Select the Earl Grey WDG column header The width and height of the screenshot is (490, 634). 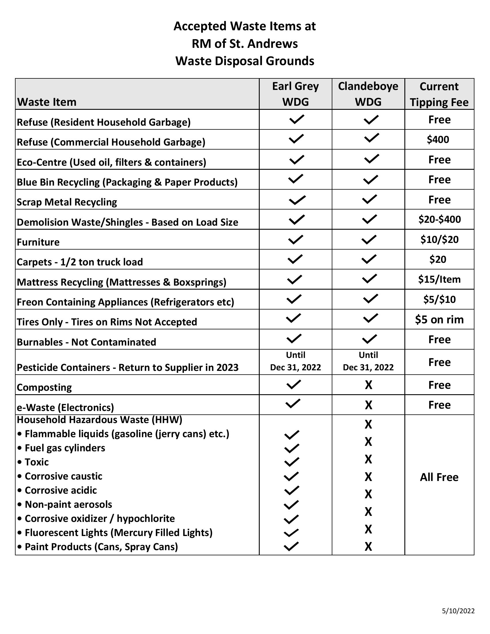295,94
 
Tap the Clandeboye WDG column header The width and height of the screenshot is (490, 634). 368,94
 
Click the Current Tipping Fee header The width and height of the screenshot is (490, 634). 439,94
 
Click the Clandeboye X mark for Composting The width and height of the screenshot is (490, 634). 368,385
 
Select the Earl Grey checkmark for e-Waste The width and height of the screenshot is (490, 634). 293,403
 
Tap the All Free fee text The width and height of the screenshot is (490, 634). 439,477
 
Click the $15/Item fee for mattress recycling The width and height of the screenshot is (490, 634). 439,279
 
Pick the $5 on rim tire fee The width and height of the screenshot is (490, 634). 439,319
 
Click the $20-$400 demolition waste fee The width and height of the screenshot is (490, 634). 439,219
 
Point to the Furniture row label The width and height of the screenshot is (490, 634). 38,242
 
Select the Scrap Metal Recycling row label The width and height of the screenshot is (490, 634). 67,202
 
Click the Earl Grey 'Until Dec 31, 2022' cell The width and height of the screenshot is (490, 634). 295,361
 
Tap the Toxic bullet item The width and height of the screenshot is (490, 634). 37,462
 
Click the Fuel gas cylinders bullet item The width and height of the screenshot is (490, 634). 65,448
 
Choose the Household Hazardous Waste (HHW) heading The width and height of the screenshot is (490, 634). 99,420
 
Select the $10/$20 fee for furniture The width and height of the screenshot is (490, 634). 439,239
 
